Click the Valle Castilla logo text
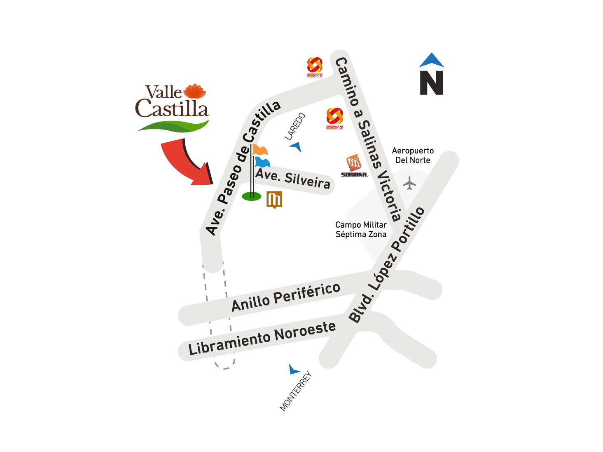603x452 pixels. pos(171,102)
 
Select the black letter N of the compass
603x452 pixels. pos(431,83)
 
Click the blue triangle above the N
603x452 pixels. pos(432,61)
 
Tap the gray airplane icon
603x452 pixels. pos(409,183)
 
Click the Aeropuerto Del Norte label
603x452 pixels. pos(413,155)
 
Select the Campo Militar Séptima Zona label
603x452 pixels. pos(361,230)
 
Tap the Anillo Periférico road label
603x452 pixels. pos(286,297)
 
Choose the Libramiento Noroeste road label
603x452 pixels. pos(262,337)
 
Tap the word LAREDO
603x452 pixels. pos(295,126)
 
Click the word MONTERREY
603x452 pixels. pos(295,391)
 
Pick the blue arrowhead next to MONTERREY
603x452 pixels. pos(294,370)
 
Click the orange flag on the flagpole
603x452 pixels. pos(260,150)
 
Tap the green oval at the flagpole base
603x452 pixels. pos(251,196)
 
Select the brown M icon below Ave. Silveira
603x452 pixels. pos(274,200)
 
